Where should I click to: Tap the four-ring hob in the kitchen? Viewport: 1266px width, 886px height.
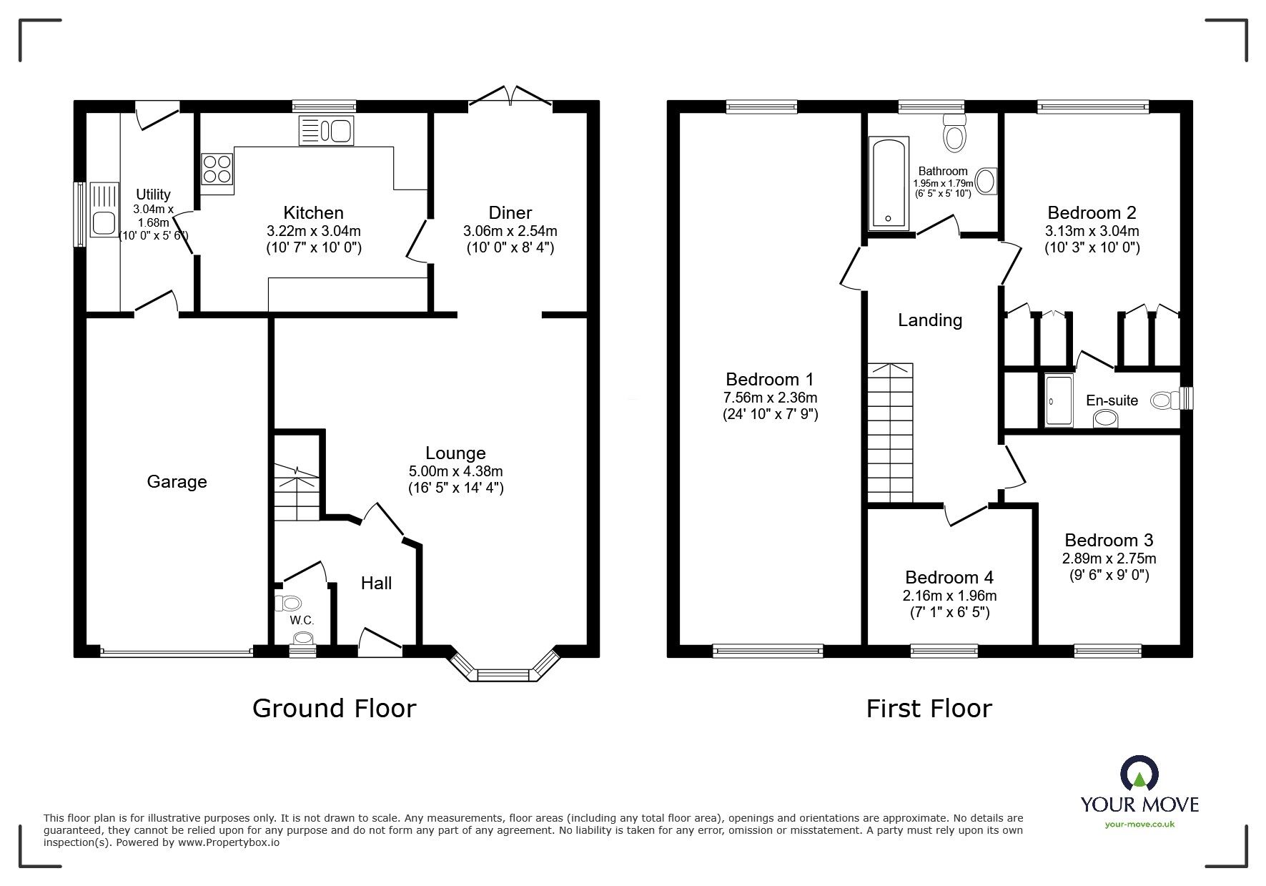pyautogui.click(x=217, y=170)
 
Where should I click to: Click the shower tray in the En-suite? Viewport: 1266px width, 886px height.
pyautogui.click(x=1059, y=401)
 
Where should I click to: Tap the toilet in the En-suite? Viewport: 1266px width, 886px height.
pyautogui.click(x=1164, y=401)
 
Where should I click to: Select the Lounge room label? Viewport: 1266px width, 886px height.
pyautogui.click(x=455, y=453)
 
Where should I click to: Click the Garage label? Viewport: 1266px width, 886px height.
pyautogui.click(x=177, y=482)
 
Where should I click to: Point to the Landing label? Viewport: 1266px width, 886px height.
pyautogui.click(x=929, y=320)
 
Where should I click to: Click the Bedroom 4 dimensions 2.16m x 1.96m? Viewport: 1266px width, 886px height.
pyautogui.click(x=949, y=596)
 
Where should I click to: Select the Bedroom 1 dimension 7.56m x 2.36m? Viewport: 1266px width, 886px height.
pyautogui.click(x=770, y=398)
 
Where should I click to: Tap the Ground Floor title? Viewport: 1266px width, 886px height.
pyautogui.click(x=334, y=709)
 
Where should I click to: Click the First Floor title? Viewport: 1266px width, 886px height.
pyautogui.click(x=929, y=709)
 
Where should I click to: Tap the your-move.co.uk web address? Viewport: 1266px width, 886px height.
pyautogui.click(x=1139, y=825)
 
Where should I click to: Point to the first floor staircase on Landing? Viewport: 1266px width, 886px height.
pyautogui.click(x=890, y=433)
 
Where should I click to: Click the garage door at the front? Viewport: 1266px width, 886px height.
pyautogui.click(x=176, y=651)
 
